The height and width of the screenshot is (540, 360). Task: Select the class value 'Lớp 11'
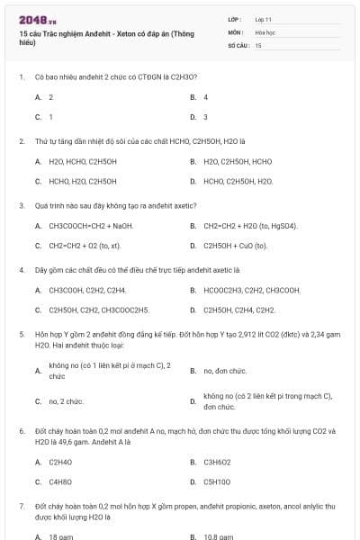click(x=264, y=18)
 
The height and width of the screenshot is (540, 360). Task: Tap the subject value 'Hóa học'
click(x=265, y=31)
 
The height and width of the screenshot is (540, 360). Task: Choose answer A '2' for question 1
click(x=50, y=97)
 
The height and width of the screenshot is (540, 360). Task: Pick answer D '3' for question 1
click(x=205, y=117)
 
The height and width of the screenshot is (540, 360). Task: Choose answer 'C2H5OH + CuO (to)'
click(x=236, y=245)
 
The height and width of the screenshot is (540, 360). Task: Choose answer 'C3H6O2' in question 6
click(x=219, y=462)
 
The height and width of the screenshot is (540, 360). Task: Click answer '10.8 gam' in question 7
click(x=218, y=536)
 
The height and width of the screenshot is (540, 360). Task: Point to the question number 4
click(x=21, y=269)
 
